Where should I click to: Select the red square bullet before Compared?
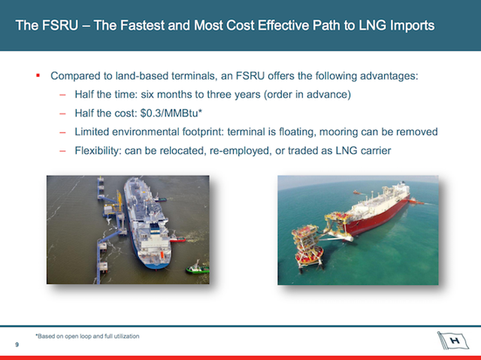[x=38, y=75]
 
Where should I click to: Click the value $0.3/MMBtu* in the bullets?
[x=171, y=113]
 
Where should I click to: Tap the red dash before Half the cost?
[x=62, y=113]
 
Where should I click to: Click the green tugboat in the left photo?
[x=197, y=268]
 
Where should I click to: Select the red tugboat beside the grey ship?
[x=178, y=238]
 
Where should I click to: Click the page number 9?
[x=17, y=345]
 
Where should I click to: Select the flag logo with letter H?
[x=452, y=340]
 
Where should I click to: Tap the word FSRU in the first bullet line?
[x=250, y=75]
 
